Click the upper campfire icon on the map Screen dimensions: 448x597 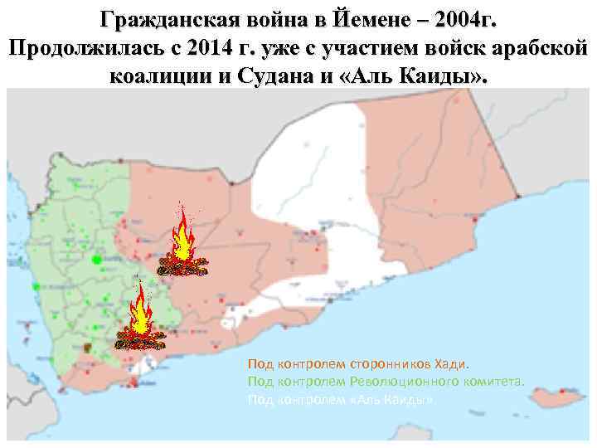(x=183, y=243)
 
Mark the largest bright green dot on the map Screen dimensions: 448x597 (x=97, y=260)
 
